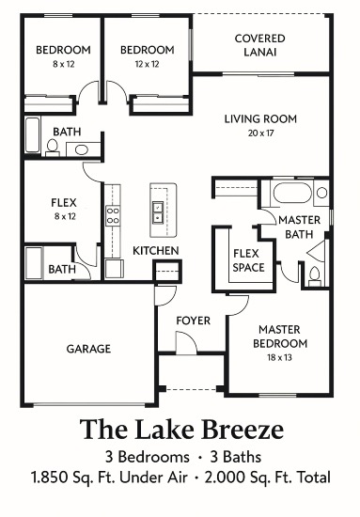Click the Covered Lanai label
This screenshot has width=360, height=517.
click(x=259, y=45)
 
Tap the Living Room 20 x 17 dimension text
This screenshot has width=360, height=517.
click(x=260, y=133)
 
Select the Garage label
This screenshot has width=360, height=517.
click(x=88, y=349)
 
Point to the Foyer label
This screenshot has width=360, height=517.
click(x=194, y=321)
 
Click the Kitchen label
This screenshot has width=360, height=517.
click(x=156, y=251)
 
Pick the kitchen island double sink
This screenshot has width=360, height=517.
click(x=158, y=212)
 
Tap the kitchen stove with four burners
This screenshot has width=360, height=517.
click(x=113, y=215)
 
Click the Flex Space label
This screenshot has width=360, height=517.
click(x=248, y=260)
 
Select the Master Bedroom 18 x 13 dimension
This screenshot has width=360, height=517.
click(x=279, y=358)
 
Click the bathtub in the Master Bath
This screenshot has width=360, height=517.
click(x=292, y=193)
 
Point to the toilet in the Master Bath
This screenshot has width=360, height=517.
click(x=315, y=276)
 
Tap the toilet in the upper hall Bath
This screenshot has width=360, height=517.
click(x=52, y=148)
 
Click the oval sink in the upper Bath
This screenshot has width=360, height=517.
click(x=82, y=150)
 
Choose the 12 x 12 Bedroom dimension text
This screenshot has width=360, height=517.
click(x=147, y=64)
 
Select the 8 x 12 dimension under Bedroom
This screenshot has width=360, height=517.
click(x=64, y=64)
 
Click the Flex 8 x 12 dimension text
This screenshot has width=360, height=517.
click(x=65, y=216)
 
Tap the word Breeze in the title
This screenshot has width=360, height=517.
click(x=243, y=430)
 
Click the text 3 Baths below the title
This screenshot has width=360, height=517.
click(x=236, y=458)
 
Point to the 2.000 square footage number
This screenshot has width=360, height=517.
click(x=226, y=478)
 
